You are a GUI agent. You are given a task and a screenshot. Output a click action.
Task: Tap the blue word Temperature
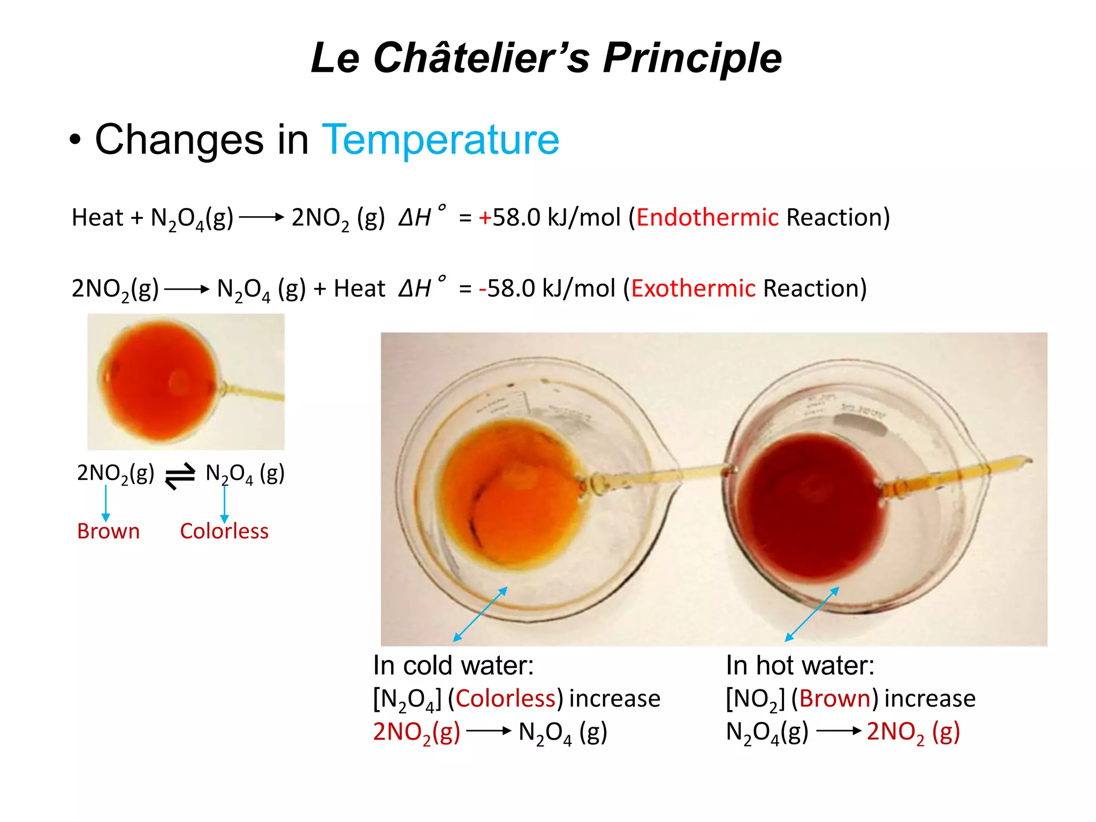point(440,140)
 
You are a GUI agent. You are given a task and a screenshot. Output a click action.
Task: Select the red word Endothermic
point(707,217)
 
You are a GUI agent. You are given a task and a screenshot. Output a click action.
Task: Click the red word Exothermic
point(693,288)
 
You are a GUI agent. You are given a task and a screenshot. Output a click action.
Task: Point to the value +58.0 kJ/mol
point(549,217)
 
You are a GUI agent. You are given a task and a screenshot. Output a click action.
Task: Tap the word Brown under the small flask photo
point(108,531)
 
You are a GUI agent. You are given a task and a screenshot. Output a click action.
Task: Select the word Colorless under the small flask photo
point(224,531)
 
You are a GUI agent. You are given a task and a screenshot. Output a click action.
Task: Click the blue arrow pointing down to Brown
point(106,503)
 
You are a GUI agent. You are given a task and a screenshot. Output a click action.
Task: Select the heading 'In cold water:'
point(453,666)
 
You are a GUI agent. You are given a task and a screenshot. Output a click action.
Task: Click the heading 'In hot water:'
point(800,666)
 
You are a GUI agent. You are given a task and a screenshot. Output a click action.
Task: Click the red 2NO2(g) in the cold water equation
point(416,732)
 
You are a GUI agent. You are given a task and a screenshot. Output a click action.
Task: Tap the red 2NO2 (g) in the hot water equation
point(913,732)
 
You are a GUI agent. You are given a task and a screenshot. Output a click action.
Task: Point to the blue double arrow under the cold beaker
point(480,614)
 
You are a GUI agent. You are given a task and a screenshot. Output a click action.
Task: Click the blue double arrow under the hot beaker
point(811,614)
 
